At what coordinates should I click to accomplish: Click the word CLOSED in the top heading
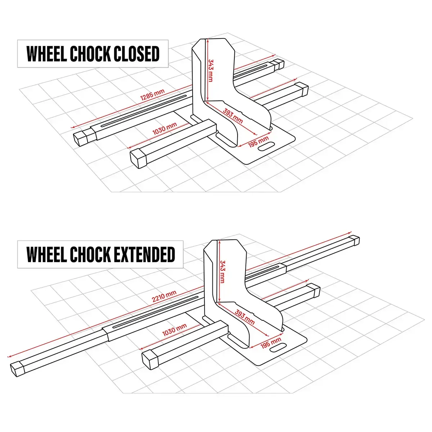point(136,54)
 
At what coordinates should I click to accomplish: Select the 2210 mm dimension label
point(164,296)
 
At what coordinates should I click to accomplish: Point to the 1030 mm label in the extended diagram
point(174,330)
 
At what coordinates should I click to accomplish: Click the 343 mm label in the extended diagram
point(222,271)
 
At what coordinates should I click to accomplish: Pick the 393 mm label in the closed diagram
point(233,115)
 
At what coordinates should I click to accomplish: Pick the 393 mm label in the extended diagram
point(244,316)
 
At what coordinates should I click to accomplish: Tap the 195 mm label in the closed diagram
point(258,141)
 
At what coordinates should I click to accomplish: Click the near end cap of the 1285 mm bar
point(81,138)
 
